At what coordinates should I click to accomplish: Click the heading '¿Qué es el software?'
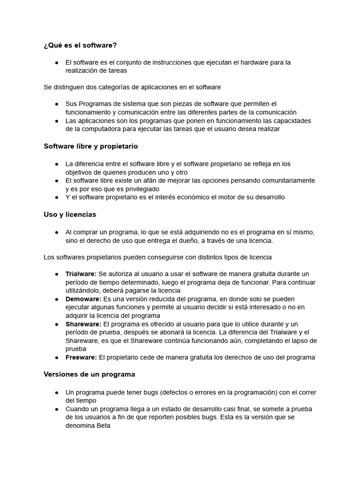[x=80, y=45]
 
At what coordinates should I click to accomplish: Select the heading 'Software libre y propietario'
[x=90, y=146]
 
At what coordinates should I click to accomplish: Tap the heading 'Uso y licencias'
[x=70, y=214]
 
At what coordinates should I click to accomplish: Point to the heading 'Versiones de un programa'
[x=89, y=374]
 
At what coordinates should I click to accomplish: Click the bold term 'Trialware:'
[x=81, y=274]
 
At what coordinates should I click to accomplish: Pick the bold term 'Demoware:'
[x=83, y=299]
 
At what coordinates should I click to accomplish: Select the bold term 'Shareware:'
[x=83, y=324]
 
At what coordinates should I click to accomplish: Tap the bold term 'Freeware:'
[x=81, y=357]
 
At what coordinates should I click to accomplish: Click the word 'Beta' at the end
[x=102, y=425]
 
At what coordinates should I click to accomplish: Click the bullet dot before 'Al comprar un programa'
[x=57, y=232]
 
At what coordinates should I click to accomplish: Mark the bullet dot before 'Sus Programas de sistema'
[x=57, y=104]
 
